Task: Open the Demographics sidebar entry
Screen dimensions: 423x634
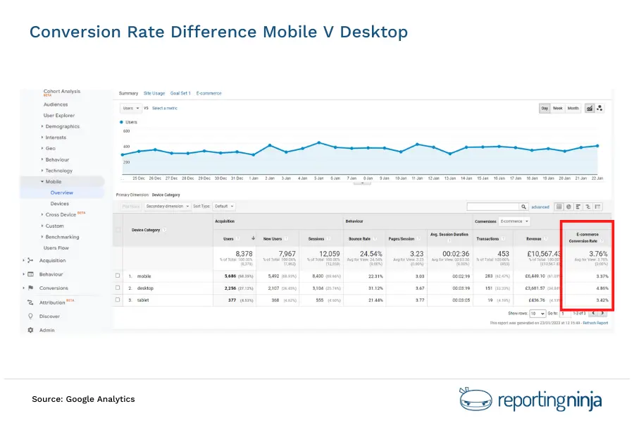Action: [63, 126]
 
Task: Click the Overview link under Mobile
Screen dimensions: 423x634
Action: [61, 192]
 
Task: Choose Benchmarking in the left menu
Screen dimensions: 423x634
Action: [63, 237]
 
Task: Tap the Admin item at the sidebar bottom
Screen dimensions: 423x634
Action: [46, 330]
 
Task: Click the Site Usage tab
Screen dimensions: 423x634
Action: [154, 93]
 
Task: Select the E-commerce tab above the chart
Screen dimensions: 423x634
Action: [209, 93]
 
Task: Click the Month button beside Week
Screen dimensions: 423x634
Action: [573, 108]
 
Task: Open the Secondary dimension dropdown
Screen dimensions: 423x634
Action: [166, 207]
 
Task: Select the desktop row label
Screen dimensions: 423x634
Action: [145, 288]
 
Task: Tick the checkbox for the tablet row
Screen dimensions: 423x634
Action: [118, 300]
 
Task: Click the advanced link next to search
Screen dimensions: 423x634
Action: [540, 207]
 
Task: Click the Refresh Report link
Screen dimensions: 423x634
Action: [595, 323]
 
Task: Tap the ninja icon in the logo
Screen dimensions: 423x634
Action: [474, 399]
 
